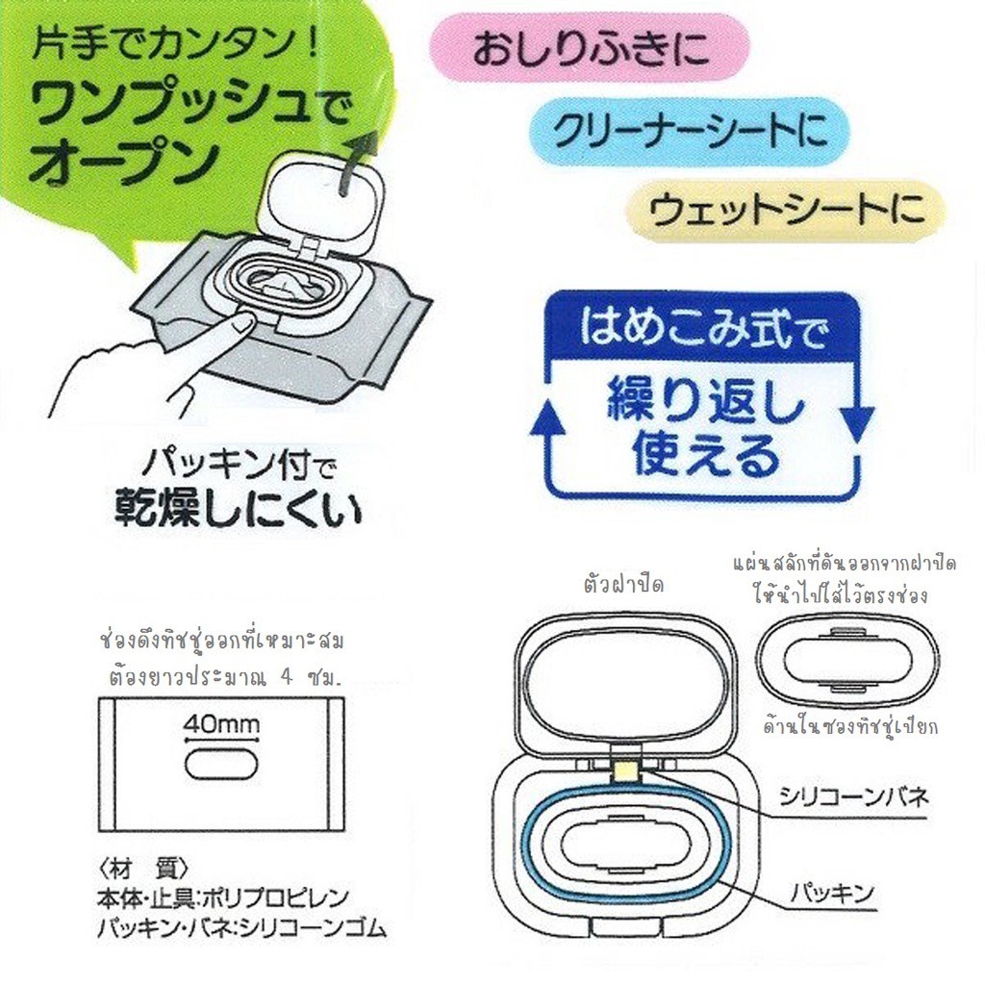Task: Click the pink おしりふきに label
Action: tap(590, 50)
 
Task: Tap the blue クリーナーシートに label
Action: tap(690, 131)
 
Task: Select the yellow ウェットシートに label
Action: tap(785, 211)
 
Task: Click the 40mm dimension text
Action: tap(221, 724)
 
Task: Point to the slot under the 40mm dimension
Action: tap(221, 766)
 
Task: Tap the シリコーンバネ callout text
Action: tap(853, 797)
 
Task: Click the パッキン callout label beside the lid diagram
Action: tap(832, 892)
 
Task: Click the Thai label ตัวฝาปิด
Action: tap(623, 585)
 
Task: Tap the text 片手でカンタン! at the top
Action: tap(177, 47)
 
